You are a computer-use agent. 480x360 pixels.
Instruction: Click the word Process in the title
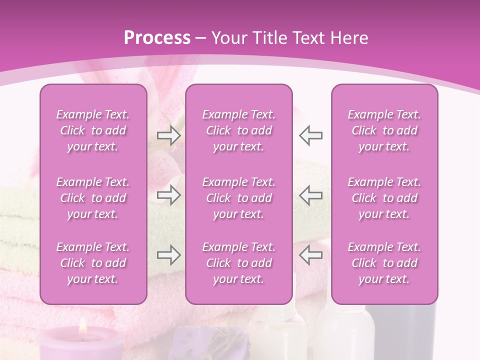tap(157, 38)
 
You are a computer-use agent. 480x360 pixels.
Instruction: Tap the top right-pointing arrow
tap(168, 135)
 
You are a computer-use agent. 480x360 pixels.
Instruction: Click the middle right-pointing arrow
tap(168, 195)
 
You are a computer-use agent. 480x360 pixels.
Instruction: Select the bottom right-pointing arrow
tap(168, 255)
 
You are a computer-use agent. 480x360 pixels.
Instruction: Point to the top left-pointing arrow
tap(310, 135)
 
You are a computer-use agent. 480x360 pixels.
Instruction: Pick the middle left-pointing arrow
tap(310, 195)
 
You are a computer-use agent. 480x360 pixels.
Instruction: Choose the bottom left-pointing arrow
tap(310, 255)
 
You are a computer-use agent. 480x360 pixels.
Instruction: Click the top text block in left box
tap(93, 130)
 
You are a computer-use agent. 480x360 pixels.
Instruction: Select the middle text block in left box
tap(93, 198)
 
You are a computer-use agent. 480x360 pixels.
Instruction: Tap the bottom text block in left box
tap(93, 263)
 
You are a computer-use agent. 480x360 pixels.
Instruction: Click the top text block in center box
tap(239, 130)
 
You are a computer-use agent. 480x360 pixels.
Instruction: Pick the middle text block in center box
tap(239, 198)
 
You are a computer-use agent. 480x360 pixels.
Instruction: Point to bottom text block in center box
tap(239, 263)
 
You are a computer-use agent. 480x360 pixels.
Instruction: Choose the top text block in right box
tap(384, 130)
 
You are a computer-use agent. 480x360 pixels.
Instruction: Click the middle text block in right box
tap(384, 198)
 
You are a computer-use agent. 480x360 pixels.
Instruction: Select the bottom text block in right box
tap(384, 263)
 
